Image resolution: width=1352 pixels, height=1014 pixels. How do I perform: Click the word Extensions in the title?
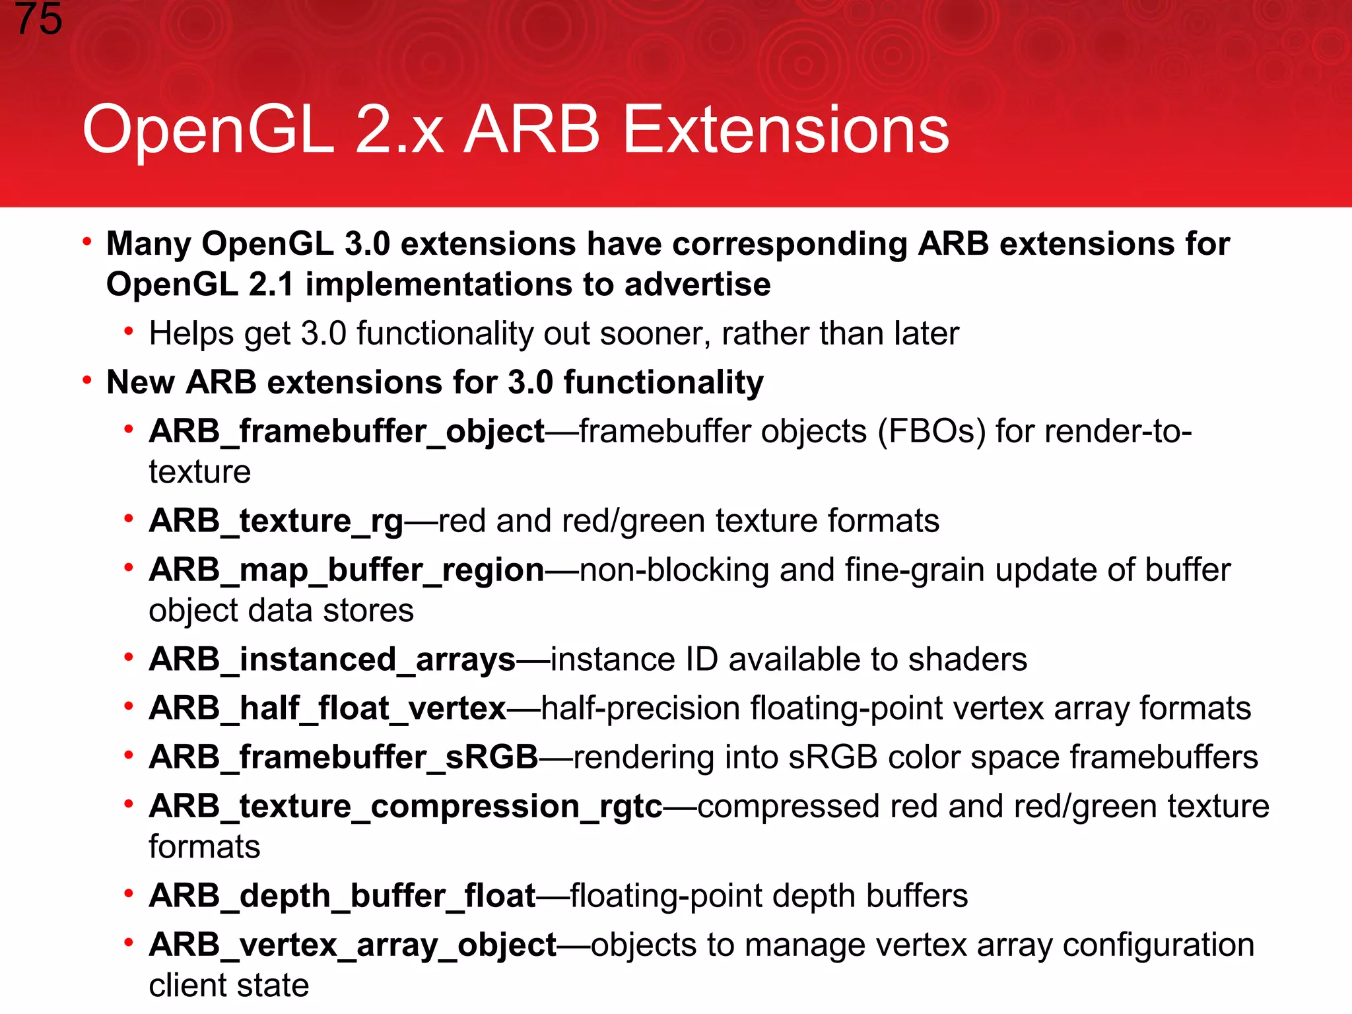click(x=786, y=130)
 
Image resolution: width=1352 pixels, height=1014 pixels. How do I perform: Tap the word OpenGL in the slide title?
click(x=208, y=130)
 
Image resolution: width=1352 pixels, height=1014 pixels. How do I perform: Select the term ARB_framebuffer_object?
click(x=347, y=432)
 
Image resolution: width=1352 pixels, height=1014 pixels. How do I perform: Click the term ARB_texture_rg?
click(x=276, y=521)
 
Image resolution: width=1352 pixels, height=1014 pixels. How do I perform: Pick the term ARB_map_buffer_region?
click(x=347, y=570)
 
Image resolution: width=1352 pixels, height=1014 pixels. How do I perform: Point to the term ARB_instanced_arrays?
click(x=332, y=659)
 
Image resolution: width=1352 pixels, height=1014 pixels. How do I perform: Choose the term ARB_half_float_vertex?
click(x=327, y=708)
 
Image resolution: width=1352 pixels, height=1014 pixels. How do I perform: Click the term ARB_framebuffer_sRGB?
click(x=343, y=757)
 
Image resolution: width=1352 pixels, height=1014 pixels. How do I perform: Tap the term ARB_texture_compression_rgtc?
click(x=405, y=807)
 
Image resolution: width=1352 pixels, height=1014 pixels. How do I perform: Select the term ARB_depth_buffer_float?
click(x=342, y=896)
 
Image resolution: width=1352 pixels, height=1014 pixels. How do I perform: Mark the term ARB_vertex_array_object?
click(x=353, y=945)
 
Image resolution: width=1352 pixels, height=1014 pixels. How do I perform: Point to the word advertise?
click(x=697, y=285)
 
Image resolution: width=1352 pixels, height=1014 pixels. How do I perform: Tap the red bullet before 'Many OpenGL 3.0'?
click(x=86, y=242)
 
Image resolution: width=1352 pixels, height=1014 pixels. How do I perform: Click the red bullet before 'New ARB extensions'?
click(x=86, y=381)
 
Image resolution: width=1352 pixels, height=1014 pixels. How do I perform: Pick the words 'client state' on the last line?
click(x=228, y=986)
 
